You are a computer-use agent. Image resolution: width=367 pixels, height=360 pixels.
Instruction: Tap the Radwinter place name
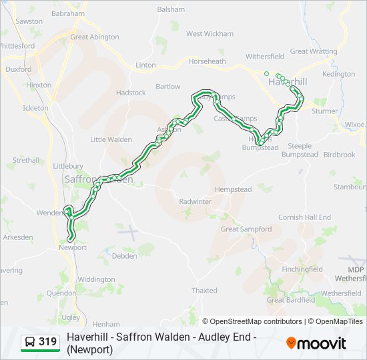point(195,201)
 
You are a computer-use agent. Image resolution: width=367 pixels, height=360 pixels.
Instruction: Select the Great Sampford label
point(246,229)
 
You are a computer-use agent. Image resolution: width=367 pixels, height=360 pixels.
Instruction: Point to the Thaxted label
point(204,291)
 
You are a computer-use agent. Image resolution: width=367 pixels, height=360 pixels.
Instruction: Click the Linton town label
point(145,65)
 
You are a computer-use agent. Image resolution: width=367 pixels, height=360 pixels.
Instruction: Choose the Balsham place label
point(171,10)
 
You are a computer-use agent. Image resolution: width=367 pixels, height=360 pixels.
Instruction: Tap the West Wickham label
point(210,34)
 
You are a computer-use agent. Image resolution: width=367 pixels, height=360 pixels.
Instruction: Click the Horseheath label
point(207,61)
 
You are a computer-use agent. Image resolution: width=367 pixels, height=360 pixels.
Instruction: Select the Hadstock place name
point(130,93)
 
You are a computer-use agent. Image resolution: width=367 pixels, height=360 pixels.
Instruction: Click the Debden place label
point(124,256)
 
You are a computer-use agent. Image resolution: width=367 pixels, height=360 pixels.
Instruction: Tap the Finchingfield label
point(302,269)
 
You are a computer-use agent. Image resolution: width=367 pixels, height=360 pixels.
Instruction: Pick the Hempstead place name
point(233,190)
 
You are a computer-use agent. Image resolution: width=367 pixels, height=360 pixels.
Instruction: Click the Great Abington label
point(94,37)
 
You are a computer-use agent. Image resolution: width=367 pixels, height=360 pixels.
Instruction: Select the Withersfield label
point(265,57)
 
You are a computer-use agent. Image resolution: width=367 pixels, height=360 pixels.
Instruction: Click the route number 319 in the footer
point(47,342)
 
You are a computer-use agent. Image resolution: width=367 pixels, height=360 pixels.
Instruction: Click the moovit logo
point(316,343)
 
